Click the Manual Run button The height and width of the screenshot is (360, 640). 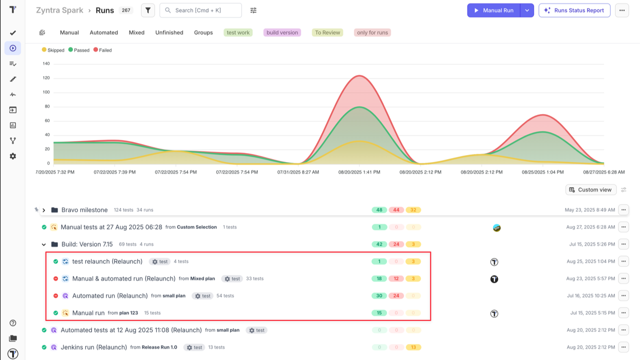coord(493,10)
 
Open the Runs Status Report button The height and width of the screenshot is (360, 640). coord(574,10)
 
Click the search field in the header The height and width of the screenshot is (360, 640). coord(200,10)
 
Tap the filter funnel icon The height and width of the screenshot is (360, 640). coord(148,10)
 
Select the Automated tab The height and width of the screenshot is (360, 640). coord(103,32)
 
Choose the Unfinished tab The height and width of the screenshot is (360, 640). coord(169,32)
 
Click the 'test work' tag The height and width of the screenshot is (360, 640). coord(238,32)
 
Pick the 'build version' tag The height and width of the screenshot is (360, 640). coord(282,32)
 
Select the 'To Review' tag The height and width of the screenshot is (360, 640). coord(327,32)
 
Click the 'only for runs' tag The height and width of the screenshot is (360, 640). coord(372,32)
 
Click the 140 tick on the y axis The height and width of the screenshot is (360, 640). coord(46,63)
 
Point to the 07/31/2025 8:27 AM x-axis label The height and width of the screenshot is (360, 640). coord(298,172)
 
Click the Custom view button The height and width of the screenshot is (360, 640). coord(590,189)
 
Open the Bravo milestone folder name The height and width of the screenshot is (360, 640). coord(84,210)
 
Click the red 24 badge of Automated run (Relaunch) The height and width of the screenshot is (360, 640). coord(396,295)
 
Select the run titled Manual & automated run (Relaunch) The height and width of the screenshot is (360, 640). coord(123,278)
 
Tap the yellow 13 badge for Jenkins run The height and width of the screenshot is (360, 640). coord(413,347)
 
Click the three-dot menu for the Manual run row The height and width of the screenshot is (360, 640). coord(623,313)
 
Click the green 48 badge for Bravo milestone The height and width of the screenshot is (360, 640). coord(379,210)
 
